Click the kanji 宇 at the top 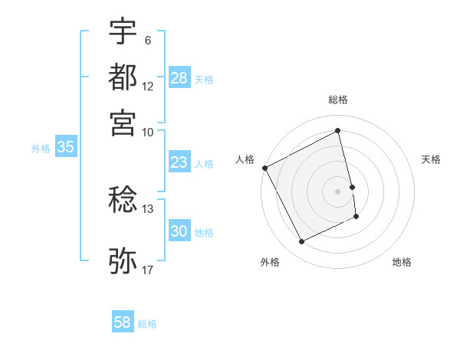(123, 32)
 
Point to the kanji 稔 (123, 200)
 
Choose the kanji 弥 (123, 260)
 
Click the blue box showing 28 (179, 78)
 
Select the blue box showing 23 (179, 162)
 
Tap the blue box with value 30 (179, 232)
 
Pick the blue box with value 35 (65, 148)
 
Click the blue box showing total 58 (123, 322)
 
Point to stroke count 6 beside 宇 (147, 40)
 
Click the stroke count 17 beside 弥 (147, 270)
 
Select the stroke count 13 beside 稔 (147, 208)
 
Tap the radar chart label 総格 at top (338, 100)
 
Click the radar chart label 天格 (431, 159)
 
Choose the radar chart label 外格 (270, 262)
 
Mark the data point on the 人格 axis (264, 168)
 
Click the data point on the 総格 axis (338, 131)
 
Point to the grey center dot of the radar (338, 191)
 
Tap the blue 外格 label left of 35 (40, 149)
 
